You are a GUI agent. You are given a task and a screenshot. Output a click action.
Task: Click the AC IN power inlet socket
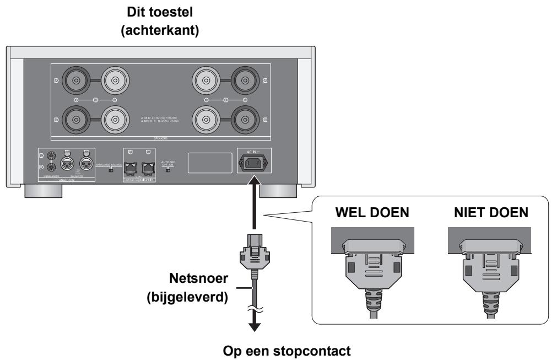[x=254, y=164]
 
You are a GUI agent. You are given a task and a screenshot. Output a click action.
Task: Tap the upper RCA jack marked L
[x=51, y=157]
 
